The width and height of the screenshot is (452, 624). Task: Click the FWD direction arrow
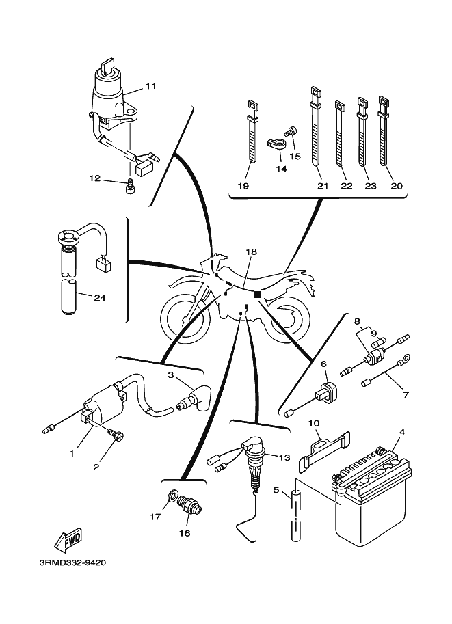(x=68, y=540)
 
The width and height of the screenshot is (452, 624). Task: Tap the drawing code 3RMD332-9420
(x=73, y=562)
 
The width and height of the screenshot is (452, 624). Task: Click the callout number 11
(x=151, y=85)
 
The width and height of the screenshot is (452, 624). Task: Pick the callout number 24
(x=100, y=297)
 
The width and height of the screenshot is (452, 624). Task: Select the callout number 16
(x=185, y=533)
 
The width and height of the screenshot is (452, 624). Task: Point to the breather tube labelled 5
(x=296, y=515)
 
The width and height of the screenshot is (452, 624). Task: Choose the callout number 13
(x=284, y=458)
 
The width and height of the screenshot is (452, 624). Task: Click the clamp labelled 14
(x=275, y=144)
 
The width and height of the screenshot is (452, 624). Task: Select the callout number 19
(x=243, y=185)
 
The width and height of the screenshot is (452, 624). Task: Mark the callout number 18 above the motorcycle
(x=251, y=252)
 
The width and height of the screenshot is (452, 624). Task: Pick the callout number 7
(x=406, y=395)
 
